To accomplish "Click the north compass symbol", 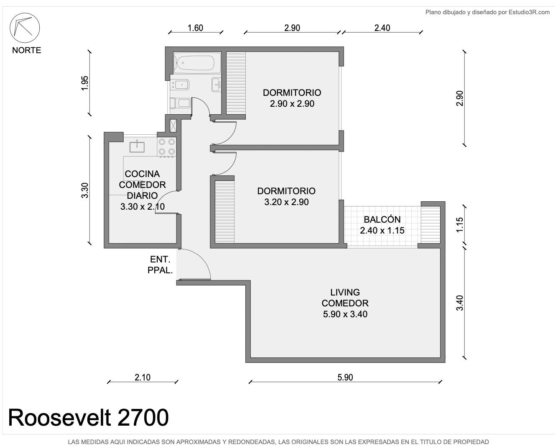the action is coord(25,28).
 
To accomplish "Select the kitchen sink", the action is coord(137,146).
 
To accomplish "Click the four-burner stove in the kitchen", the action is coord(167,147).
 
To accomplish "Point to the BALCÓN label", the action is coord(382,219).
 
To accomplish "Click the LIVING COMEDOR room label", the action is coord(345,298).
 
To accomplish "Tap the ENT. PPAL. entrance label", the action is coord(160,265).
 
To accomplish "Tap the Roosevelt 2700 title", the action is coord(89,417).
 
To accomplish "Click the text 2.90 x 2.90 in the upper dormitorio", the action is coord(292,104).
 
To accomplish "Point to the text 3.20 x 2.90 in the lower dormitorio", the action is coord(286,202).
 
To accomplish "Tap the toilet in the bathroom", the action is coord(181,103).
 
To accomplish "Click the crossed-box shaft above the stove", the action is coord(173,126).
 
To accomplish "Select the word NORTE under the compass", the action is coord(26,50).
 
